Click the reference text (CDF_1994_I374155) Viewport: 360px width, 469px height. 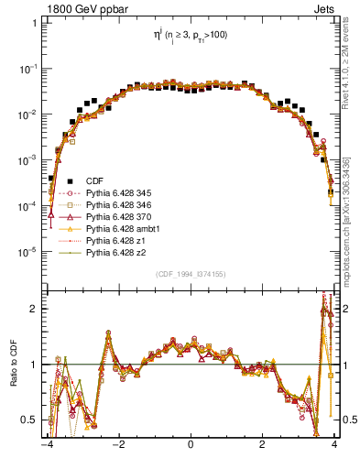pyautogui.click(x=190, y=274)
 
